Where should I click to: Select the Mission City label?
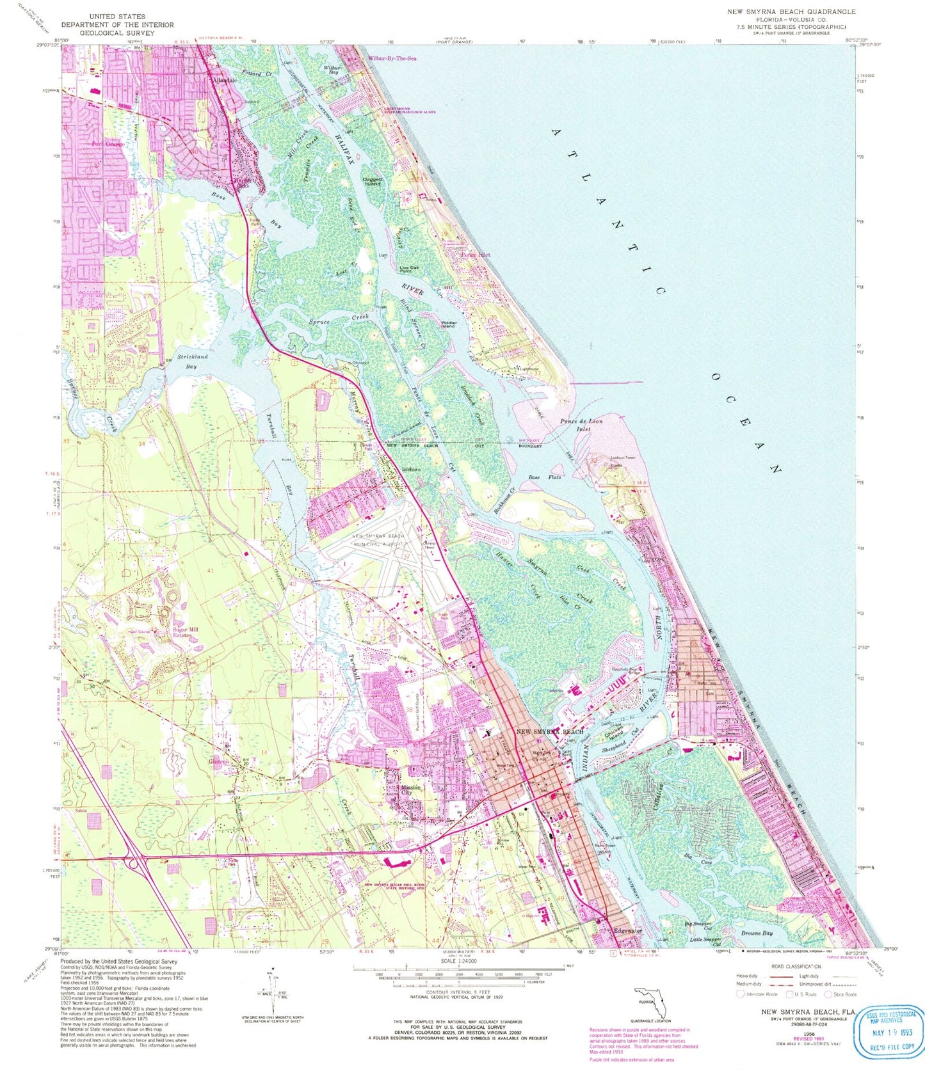(x=410, y=791)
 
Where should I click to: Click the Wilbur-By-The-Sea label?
(x=392, y=59)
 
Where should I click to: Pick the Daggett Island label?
(x=373, y=181)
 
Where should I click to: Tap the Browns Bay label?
(x=757, y=933)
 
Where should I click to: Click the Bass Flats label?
(x=545, y=477)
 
